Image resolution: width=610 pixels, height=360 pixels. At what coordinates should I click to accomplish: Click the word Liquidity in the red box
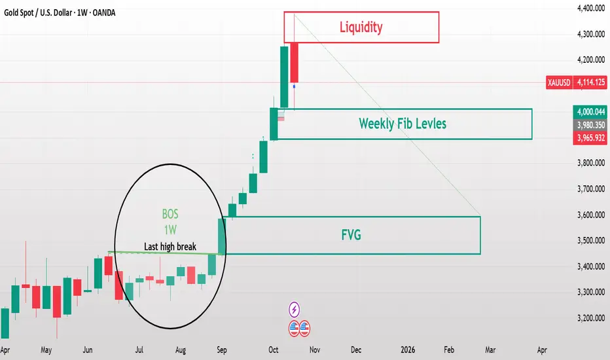click(x=361, y=27)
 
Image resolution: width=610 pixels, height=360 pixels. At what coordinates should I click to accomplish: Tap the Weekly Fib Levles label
click(x=403, y=123)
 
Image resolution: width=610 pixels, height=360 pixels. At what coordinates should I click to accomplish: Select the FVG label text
click(x=351, y=235)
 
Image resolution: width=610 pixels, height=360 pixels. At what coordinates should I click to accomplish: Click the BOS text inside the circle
click(x=170, y=214)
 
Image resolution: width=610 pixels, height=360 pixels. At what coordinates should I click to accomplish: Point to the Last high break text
click(x=170, y=247)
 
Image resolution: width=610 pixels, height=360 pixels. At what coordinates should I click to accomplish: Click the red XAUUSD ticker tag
click(x=559, y=82)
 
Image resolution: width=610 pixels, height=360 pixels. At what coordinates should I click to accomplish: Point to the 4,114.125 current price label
click(x=590, y=82)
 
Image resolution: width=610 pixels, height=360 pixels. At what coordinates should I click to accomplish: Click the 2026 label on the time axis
click(x=407, y=350)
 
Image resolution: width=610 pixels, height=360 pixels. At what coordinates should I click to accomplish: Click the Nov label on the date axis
click(x=315, y=350)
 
